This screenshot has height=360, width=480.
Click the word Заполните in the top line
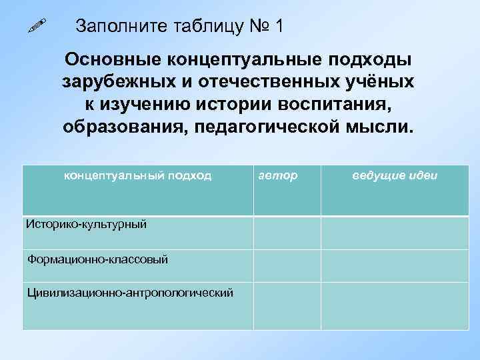coord(115,27)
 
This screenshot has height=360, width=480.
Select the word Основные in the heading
coord(111,59)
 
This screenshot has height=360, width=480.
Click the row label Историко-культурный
coord(86,224)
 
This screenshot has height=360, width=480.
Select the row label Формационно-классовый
coord(97,259)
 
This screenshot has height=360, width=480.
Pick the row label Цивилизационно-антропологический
coord(130,292)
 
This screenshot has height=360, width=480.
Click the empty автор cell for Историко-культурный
coord(287,232)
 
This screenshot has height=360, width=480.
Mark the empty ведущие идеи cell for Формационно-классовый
coord(395,265)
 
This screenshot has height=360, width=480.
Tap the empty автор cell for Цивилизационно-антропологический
coord(287,305)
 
